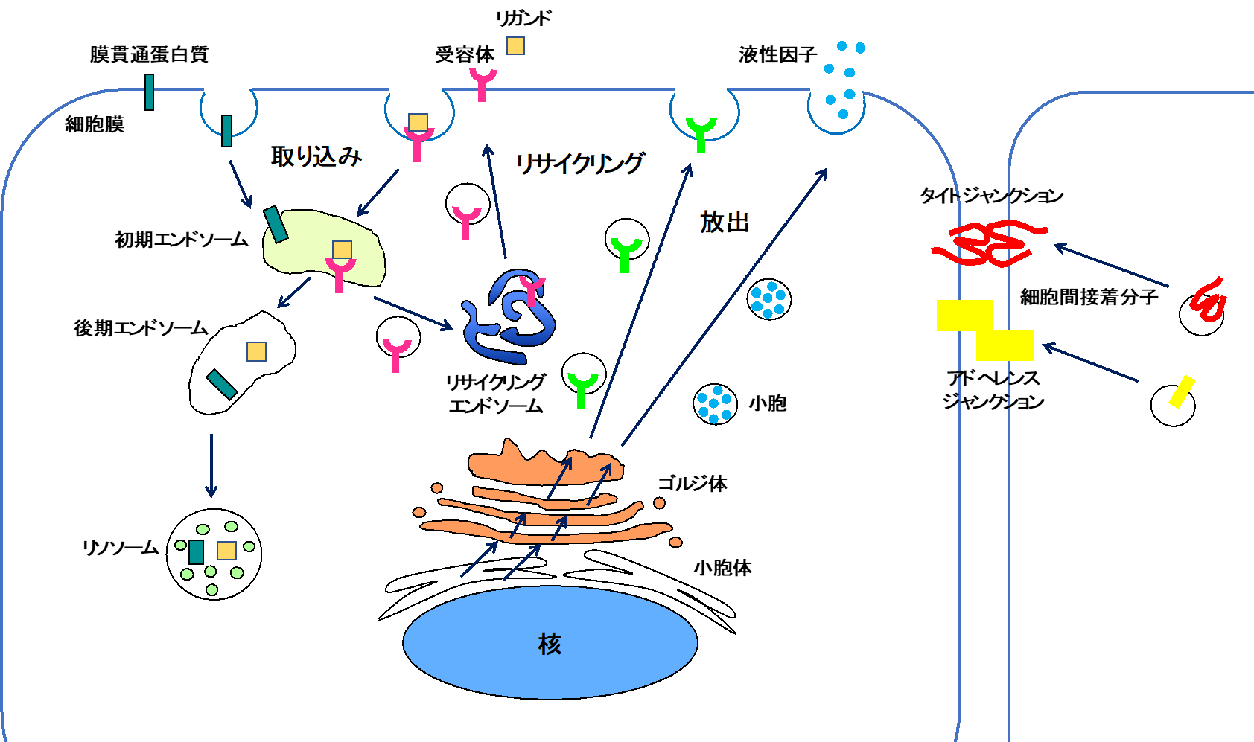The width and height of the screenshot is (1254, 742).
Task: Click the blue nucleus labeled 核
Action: tap(550, 643)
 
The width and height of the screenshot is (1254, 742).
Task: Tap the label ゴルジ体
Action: tap(693, 484)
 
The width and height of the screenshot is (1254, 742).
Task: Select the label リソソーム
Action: tap(121, 548)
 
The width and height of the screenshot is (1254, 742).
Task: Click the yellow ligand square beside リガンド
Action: tap(515, 46)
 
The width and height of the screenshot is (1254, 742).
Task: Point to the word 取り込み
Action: tap(316, 156)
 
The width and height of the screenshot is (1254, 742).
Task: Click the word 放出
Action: tap(725, 222)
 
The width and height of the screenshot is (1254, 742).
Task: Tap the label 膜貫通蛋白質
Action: tap(149, 54)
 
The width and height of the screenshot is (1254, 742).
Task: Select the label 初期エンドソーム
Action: tap(181, 240)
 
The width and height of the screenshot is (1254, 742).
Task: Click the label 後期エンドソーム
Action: tap(140, 328)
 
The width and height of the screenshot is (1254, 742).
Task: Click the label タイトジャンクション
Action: tap(992, 196)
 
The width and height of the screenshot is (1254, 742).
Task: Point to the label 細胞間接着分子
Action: tap(1089, 297)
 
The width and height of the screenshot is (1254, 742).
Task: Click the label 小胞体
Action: tap(722, 568)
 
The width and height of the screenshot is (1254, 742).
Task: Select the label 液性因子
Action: tap(777, 54)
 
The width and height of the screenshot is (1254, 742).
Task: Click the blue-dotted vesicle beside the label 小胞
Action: tap(715, 404)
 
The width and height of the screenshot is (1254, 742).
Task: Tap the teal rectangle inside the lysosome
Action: tap(196, 551)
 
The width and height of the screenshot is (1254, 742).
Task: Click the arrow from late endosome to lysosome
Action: tap(211, 465)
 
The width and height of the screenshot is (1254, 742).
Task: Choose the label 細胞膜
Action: tap(95, 124)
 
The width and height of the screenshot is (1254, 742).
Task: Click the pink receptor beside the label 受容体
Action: tap(483, 83)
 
